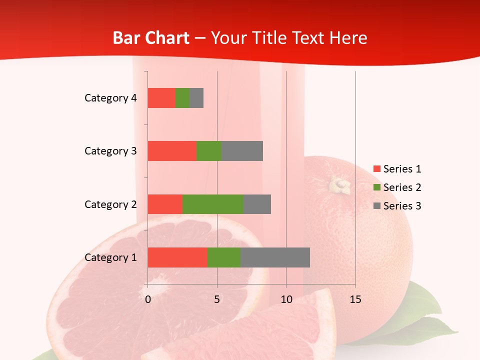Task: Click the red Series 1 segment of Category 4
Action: point(161,98)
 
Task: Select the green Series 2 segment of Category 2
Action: point(213,204)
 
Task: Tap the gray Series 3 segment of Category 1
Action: point(275,257)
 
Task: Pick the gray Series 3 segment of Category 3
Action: point(242,151)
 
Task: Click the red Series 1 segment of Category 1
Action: point(177,257)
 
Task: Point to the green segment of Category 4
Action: point(182,98)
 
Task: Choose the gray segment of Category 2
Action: point(257,204)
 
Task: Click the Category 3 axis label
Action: point(110,151)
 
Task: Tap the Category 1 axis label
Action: point(110,257)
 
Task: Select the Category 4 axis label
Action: point(110,98)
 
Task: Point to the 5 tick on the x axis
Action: point(217,299)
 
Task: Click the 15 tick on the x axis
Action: point(355,299)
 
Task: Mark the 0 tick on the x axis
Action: point(148,299)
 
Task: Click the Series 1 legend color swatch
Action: point(376,169)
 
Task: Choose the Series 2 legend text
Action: point(402,187)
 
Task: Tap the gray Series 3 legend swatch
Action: point(376,206)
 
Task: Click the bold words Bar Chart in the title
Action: point(150,38)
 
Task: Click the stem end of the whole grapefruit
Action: point(340,185)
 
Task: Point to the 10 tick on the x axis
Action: point(286,299)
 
